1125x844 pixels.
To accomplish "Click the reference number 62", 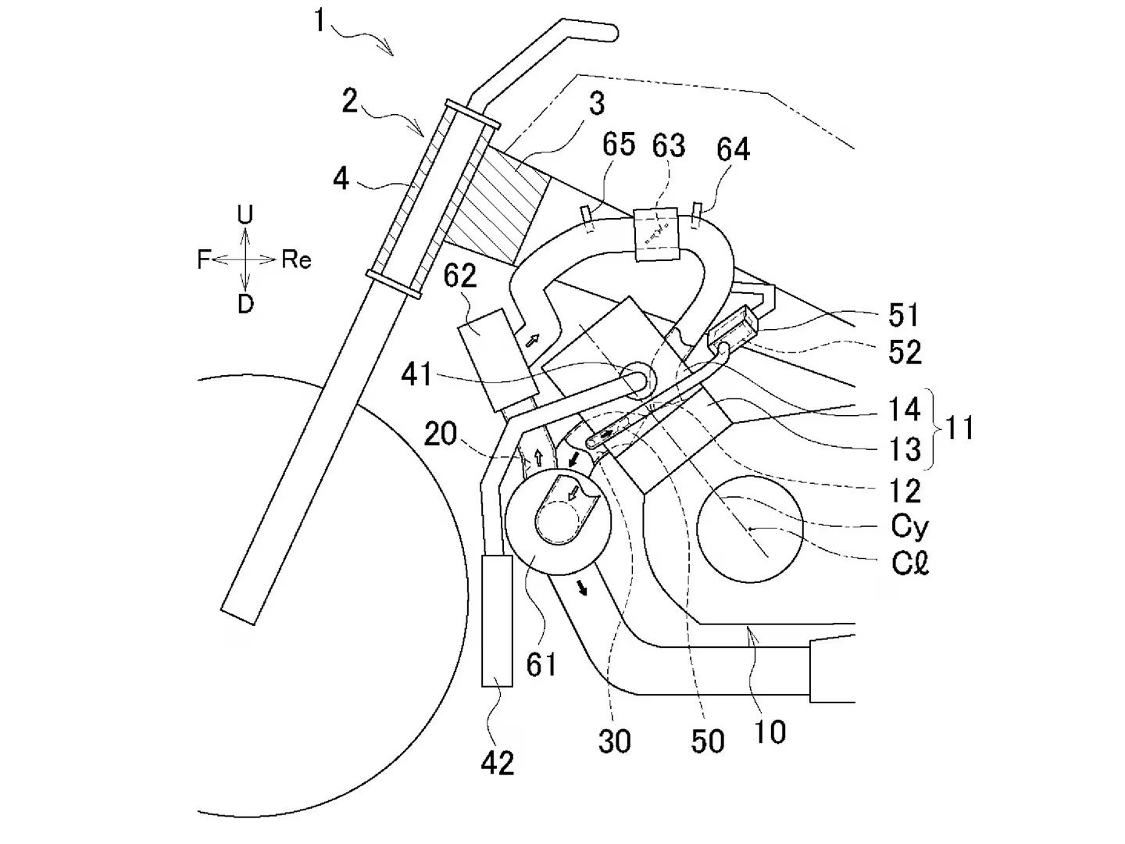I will [460, 277].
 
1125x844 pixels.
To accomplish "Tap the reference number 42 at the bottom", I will [498, 762].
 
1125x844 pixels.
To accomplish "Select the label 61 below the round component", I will [541, 663].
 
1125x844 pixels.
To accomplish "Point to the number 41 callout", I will [416, 375].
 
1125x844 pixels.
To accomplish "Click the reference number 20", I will [440, 434].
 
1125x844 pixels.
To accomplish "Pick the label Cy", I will [909, 527].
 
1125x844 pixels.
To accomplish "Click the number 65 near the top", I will [619, 146].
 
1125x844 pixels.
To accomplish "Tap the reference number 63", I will [669, 145].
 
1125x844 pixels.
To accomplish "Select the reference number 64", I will [733, 148].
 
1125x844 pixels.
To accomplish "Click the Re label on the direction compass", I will [296, 259].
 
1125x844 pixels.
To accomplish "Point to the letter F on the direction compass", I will [203, 259].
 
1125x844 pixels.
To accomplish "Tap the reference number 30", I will [614, 741].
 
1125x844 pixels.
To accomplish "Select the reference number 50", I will [707, 741].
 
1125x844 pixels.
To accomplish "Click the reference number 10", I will [770, 731].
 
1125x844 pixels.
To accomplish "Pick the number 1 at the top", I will [319, 21].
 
